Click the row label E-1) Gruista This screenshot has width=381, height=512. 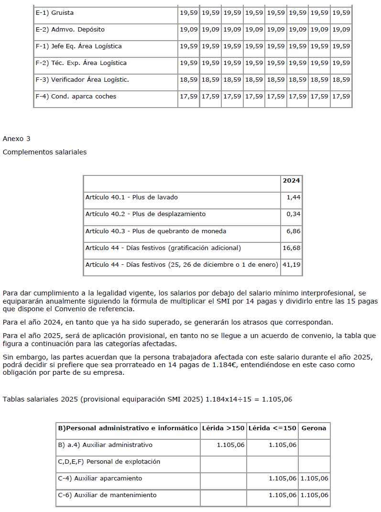54,13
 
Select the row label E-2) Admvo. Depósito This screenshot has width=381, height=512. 70,30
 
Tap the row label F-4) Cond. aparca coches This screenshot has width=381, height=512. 76,97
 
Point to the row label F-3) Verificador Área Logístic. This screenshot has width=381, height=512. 82,80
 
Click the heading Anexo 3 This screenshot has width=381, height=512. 16,139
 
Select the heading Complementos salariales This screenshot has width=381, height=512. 44,152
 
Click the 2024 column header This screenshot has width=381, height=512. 291,181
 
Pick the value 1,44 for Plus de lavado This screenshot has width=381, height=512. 294,197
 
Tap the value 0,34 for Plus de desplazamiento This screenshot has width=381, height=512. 294,214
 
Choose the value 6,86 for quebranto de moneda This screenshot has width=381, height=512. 294,231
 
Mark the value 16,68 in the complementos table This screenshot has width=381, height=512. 292,248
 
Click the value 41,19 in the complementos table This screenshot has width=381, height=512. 292,265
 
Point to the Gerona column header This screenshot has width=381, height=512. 314,428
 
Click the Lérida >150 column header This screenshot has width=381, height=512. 223,428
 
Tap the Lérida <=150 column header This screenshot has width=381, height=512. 272,428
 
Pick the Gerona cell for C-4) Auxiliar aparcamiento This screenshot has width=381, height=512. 315,479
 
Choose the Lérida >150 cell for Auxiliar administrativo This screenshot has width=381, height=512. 231,445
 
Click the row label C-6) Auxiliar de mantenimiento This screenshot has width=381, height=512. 107,495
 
